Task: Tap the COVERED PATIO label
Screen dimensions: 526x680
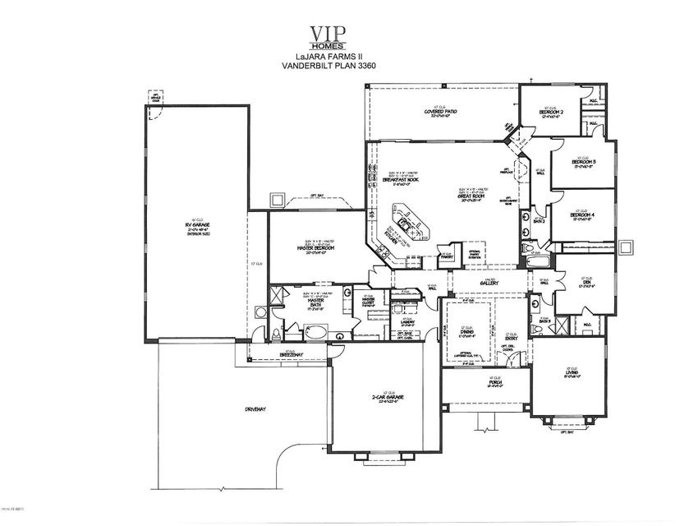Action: click(x=441, y=112)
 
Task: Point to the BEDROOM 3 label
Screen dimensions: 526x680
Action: click(x=582, y=163)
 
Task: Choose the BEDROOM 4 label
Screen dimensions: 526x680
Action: click(x=582, y=215)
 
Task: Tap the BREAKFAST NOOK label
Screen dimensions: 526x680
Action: click(x=400, y=181)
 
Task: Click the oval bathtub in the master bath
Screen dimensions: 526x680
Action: click(x=315, y=333)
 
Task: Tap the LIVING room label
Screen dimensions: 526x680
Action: click(x=568, y=376)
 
